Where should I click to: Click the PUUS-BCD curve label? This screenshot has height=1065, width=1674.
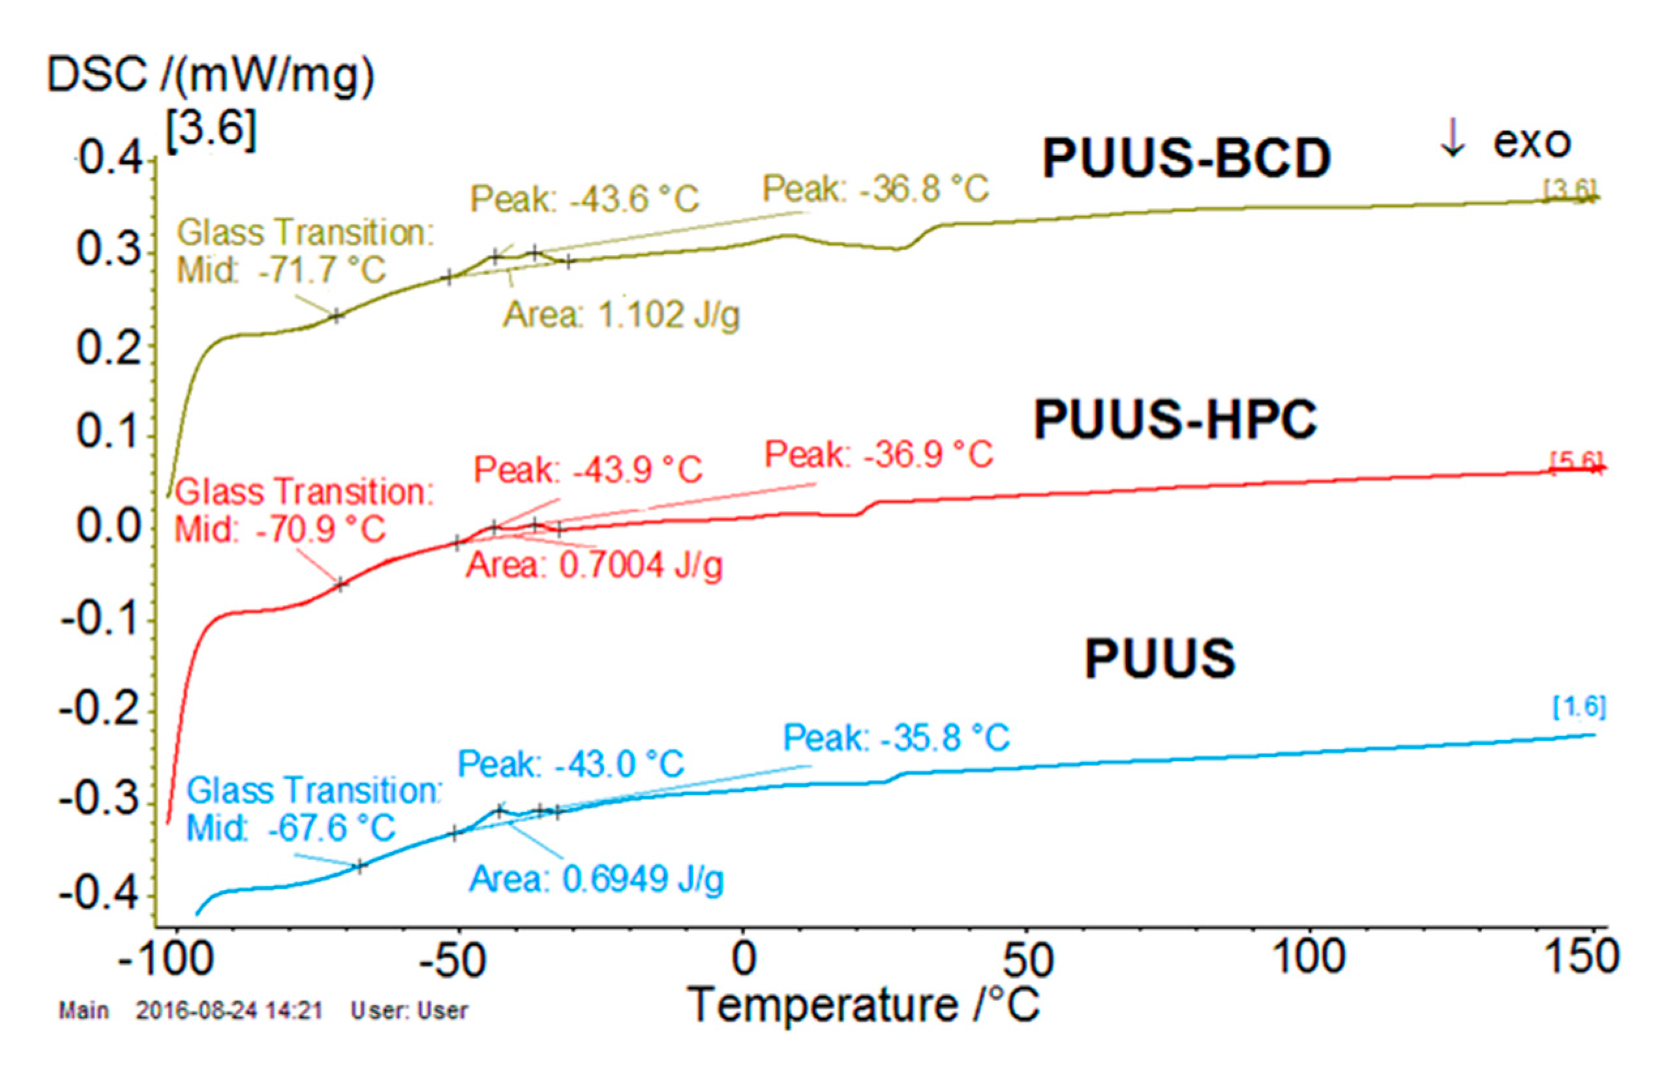point(1186,159)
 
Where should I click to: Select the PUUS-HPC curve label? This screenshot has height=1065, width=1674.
point(1175,420)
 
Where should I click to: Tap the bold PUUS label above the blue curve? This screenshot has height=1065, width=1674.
point(1159,658)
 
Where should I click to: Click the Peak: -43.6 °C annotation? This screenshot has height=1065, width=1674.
point(585,200)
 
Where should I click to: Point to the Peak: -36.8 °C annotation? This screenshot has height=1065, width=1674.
point(875,189)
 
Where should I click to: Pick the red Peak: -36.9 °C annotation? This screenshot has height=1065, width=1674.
point(879,455)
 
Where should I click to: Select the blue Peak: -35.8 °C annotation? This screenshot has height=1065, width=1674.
point(896,737)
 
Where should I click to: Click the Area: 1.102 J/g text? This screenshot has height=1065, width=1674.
point(621,315)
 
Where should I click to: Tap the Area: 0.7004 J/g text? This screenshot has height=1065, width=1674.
point(594,565)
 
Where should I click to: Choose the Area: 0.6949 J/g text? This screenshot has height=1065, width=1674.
point(596,880)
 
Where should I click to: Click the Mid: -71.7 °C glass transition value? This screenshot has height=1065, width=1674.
point(281,270)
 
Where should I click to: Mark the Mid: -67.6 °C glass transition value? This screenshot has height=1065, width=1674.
point(290,829)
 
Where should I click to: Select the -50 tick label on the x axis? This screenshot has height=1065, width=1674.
point(453,961)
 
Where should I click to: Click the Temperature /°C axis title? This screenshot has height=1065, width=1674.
point(862,1006)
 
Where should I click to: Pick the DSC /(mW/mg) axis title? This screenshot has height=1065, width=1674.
point(210,74)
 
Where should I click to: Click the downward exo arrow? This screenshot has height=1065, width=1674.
point(1452,138)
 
